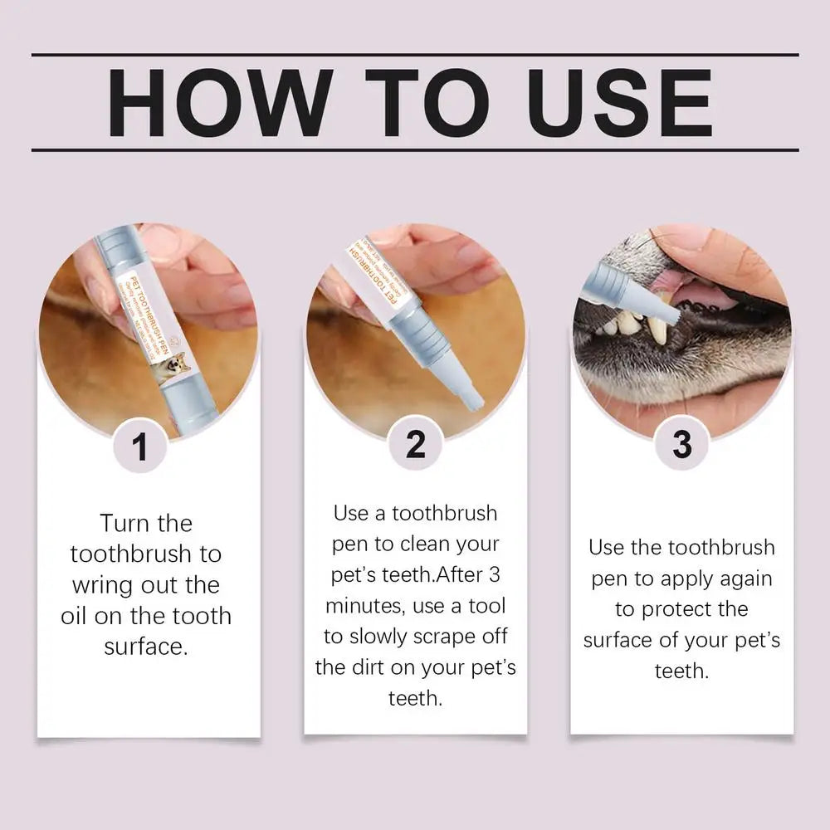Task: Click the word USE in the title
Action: click(x=610, y=104)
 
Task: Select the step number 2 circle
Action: click(x=416, y=446)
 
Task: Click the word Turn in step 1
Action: click(x=124, y=523)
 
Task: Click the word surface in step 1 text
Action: click(x=146, y=647)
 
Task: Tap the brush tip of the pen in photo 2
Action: click(x=472, y=401)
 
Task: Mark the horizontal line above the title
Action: click(x=415, y=55)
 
